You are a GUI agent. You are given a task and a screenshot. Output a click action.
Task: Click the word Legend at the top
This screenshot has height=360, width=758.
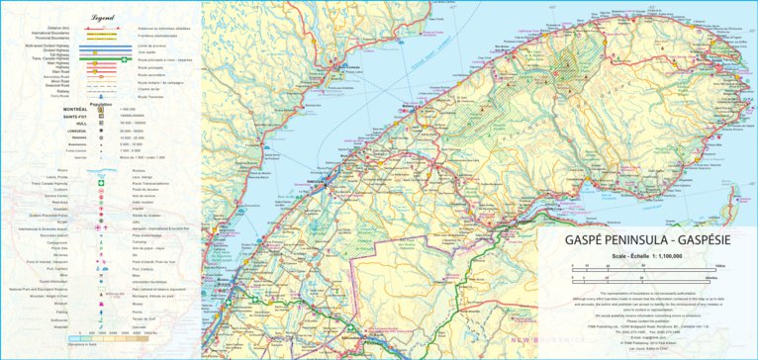tap(102, 18)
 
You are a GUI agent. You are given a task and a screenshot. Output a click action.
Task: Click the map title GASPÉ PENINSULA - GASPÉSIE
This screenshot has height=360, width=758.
tap(643, 239)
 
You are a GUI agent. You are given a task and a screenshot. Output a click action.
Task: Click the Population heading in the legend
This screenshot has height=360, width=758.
tap(102, 103)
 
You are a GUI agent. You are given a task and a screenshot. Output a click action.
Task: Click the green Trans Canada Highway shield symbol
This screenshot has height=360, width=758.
tap(102, 183)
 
